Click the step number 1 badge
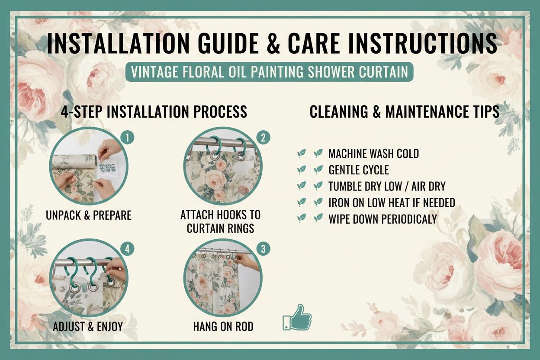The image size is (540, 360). point(127,138)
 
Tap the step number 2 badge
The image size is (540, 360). point(263,138)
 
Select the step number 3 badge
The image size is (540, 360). point(263,249)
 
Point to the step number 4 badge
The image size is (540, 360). point(127,249)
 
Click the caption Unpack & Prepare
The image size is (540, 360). point(89,215)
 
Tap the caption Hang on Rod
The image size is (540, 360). point(223,327)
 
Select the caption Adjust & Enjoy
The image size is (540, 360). point(88,327)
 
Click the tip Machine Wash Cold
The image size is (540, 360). point(374,154)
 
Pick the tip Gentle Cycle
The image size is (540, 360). point(359,170)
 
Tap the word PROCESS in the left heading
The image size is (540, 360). point(220,112)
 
